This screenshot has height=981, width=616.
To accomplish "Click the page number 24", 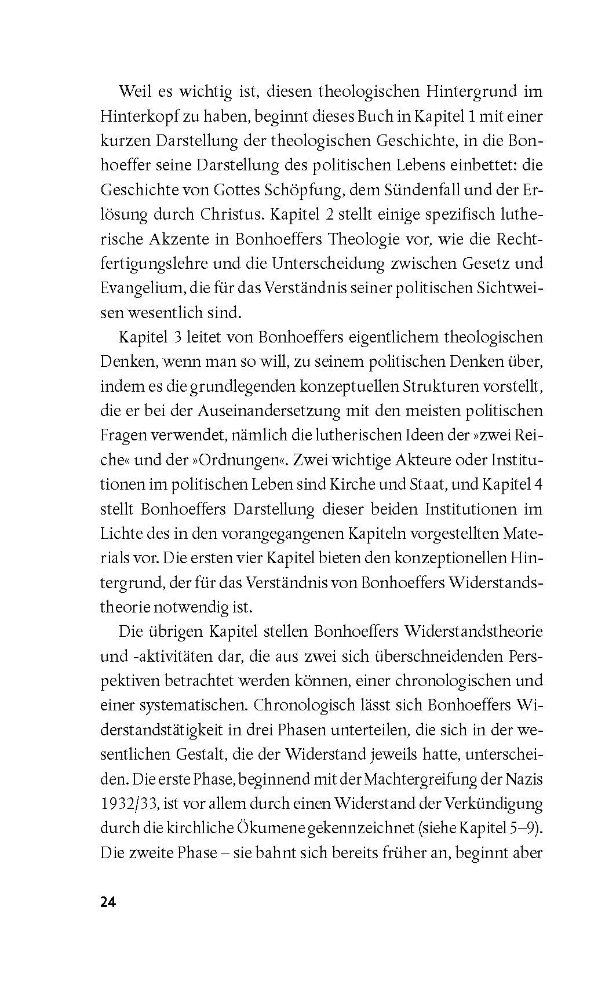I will [108, 902].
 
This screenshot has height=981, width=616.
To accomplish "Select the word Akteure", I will [424, 460].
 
